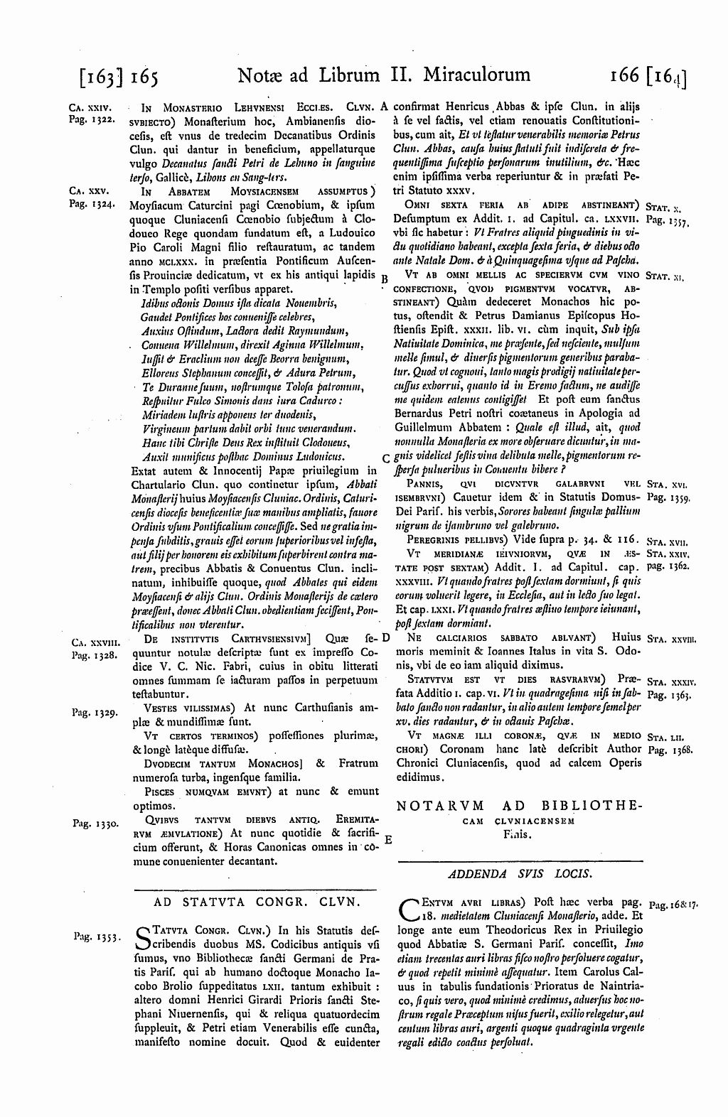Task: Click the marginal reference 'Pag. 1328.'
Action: (x=89, y=656)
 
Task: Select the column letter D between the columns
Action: (x=385, y=637)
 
